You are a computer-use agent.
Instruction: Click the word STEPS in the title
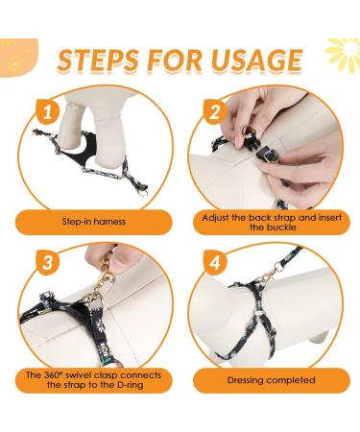(x=99, y=60)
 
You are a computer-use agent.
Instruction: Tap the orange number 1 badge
(x=48, y=112)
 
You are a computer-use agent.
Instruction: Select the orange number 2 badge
(x=215, y=112)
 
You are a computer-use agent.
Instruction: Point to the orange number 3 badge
(x=48, y=263)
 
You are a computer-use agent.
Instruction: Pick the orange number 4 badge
(x=215, y=263)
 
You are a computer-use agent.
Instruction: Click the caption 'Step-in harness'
(x=94, y=222)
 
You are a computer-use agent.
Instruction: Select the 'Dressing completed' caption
(x=272, y=380)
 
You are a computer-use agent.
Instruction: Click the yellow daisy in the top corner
(x=344, y=55)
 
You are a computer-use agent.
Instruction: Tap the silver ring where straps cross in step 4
(x=261, y=311)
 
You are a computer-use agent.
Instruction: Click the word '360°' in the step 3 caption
(x=51, y=374)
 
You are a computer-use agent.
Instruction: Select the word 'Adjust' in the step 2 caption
(x=216, y=218)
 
